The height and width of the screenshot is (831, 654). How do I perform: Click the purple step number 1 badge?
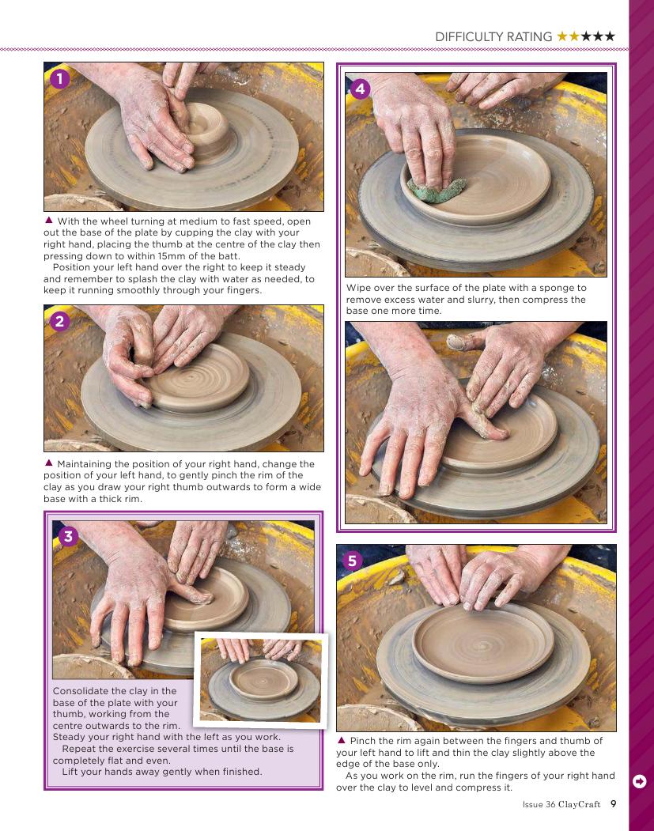[x=60, y=79]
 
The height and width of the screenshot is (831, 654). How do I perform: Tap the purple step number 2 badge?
[x=60, y=321]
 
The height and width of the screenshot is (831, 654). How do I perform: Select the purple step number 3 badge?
[x=68, y=536]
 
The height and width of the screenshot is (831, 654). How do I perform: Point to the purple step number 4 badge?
[x=361, y=89]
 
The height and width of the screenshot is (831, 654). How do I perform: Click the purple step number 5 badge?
[x=353, y=560]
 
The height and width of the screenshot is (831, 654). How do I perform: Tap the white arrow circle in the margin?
[x=640, y=781]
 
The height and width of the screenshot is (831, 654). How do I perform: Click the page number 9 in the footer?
[x=613, y=804]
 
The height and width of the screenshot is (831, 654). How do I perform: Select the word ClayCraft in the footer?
[x=580, y=804]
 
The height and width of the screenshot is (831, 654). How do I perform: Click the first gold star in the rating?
[x=561, y=36]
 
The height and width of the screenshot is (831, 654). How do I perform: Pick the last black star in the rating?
[x=610, y=36]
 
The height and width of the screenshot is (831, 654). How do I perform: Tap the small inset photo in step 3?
[x=261, y=680]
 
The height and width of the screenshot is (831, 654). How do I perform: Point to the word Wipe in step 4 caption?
[x=357, y=289]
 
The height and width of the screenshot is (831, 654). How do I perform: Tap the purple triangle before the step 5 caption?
[x=342, y=740]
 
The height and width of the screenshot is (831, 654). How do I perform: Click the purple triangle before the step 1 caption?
[x=49, y=220]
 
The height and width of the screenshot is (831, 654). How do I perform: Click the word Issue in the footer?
[x=533, y=804]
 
